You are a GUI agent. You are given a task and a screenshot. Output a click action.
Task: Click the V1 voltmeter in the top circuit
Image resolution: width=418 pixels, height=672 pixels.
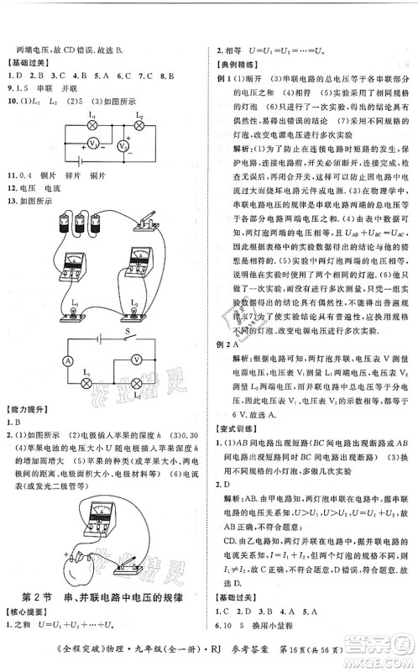pyautogui.click(x=95, y=141)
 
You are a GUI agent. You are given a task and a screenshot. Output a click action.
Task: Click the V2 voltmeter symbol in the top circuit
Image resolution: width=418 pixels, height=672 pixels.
pyautogui.click(x=122, y=146)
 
